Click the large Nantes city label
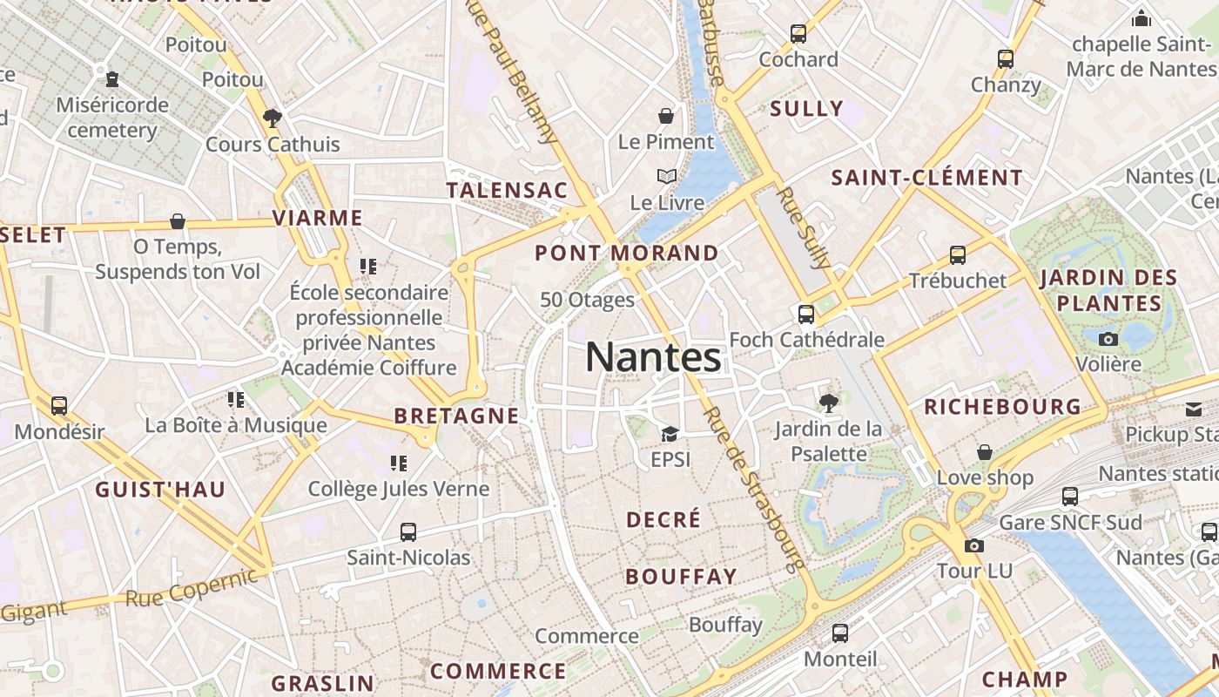[653, 357]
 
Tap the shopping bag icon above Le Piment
[666, 116]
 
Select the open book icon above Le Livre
[667, 177]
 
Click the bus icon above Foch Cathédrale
[806, 314]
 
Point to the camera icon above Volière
[1108, 338]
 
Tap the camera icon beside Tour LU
[974, 545]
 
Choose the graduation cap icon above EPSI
[670, 434]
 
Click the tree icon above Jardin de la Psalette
[828, 403]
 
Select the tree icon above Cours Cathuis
[273, 118]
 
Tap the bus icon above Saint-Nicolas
[408, 531]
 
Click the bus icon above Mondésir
[59, 405]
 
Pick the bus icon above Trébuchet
[958, 254]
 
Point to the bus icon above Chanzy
[1006, 59]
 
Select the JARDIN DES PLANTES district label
[1108, 291]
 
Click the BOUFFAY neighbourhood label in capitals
[681, 577]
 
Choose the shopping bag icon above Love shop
[985, 452]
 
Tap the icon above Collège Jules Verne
[399, 463]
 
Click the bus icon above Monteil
[840, 633]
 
